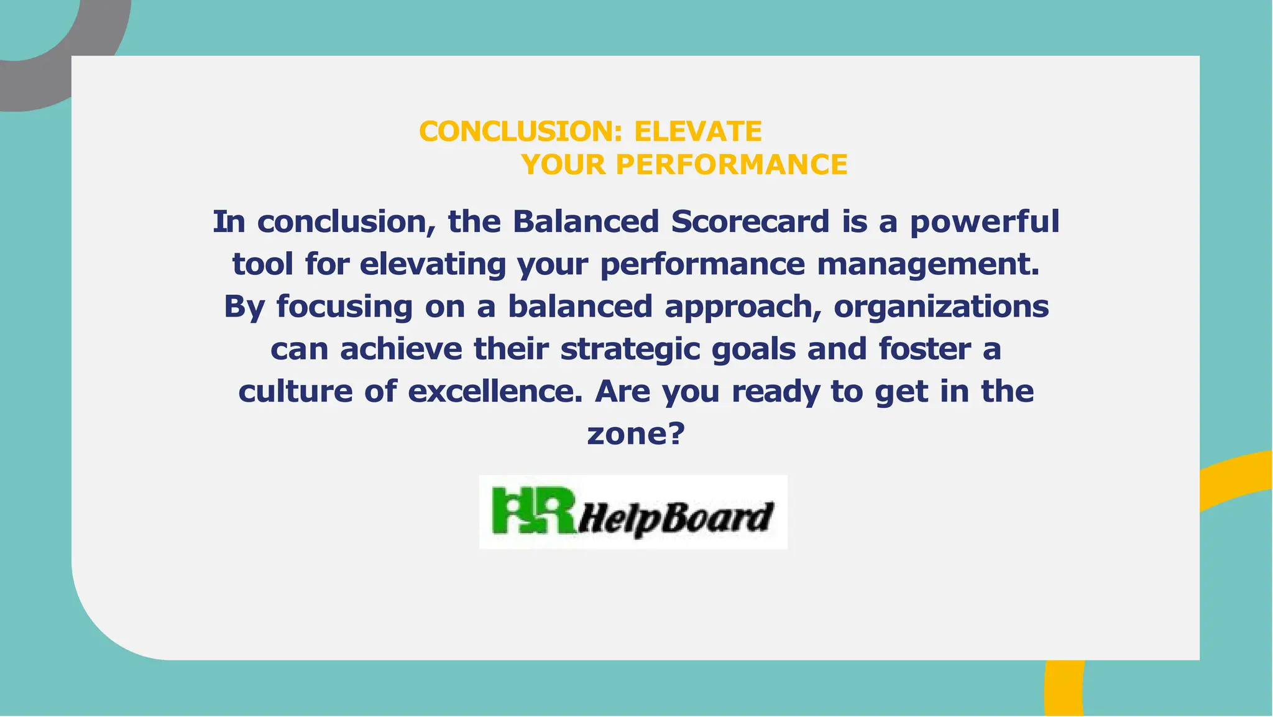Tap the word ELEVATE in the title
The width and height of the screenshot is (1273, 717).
pos(697,132)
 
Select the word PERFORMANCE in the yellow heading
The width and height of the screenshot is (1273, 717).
pos(732,165)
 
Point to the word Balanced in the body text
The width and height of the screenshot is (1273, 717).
pos(585,222)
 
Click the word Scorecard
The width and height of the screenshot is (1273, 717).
pos(750,222)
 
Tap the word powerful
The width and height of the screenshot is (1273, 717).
pos(985,222)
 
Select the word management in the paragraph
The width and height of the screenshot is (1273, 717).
pos(927,264)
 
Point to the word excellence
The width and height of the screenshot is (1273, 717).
pos(495,391)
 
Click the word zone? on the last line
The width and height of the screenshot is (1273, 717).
pos(635,433)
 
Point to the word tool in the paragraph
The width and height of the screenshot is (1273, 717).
pos(262,264)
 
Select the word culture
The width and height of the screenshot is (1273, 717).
pos(295,391)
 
